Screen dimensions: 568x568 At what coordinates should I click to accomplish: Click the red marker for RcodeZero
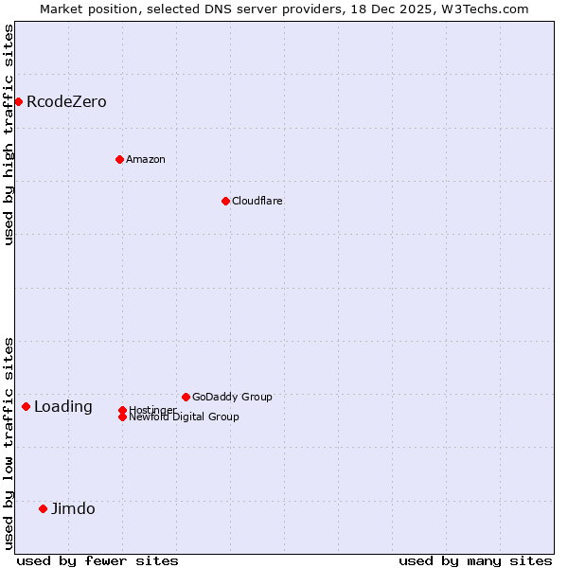click(x=18, y=101)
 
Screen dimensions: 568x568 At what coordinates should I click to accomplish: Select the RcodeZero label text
click(x=66, y=102)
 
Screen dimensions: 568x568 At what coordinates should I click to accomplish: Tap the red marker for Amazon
click(x=119, y=159)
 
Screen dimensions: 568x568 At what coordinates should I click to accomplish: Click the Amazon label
click(x=146, y=160)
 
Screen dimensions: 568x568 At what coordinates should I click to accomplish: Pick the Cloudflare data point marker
click(x=225, y=201)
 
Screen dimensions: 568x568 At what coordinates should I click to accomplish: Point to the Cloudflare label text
click(x=257, y=202)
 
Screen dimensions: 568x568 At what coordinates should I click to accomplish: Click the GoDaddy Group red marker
click(x=186, y=397)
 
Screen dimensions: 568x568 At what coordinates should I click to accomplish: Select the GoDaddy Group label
click(x=232, y=398)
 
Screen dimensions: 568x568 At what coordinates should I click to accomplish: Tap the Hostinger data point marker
click(x=122, y=410)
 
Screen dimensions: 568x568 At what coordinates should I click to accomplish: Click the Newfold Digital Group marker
click(x=122, y=417)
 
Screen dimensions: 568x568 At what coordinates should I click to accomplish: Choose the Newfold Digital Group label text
click(x=185, y=417)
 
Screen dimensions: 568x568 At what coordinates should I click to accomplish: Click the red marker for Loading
click(x=26, y=406)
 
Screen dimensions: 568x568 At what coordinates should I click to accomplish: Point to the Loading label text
click(x=63, y=407)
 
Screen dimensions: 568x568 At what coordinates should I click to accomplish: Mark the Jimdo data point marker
click(x=43, y=508)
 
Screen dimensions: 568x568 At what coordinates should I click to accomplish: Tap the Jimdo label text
click(x=73, y=509)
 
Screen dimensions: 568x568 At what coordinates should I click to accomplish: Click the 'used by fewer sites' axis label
click(x=98, y=560)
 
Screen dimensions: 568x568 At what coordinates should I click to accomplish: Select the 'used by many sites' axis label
click(x=475, y=560)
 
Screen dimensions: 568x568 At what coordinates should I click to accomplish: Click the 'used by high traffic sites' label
click(x=9, y=134)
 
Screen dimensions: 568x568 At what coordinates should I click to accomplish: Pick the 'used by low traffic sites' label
click(x=9, y=443)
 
